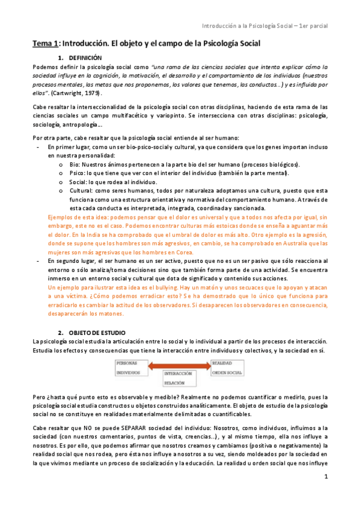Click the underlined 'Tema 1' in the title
click(45, 44)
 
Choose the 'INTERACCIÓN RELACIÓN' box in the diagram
click(179, 378)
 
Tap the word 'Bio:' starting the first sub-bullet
click(75, 165)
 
